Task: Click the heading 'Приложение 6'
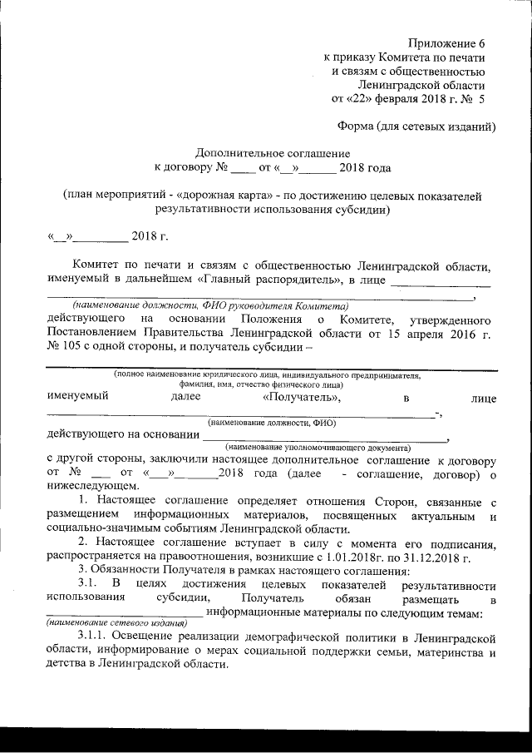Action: [x=446, y=42]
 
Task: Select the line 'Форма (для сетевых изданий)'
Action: [x=416, y=126]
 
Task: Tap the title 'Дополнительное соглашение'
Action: [x=273, y=154]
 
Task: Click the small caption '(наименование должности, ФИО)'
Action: [x=272, y=423]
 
